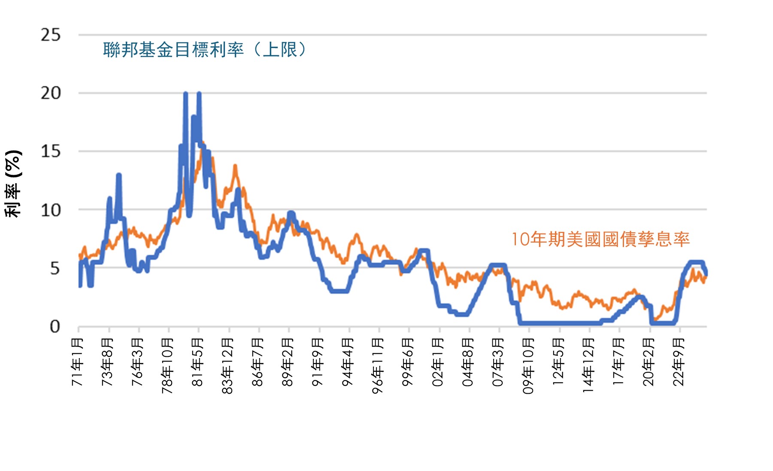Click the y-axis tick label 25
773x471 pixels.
tap(51, 35)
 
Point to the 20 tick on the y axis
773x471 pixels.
tap(51, 93)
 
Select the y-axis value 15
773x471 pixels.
tap(51, 151)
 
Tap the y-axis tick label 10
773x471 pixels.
tap(51, 210)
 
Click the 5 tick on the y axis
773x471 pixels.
tap(55, 268)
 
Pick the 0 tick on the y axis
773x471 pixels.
tap(55, 327)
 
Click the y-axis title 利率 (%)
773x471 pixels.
tap(13, 184)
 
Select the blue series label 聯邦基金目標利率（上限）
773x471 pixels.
tap(205, 50)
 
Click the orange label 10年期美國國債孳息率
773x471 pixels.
tap(600, 239)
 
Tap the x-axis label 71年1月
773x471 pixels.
tap(77, 362)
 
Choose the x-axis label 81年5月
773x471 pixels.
tap(197, 362)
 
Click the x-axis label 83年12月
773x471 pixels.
tap(227, 366)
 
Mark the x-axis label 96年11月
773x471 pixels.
tap(377, 366)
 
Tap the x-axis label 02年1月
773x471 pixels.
tap(437, 362)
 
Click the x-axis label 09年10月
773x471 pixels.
tap(527, 366)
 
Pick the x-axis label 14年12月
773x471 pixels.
tap(588, 366)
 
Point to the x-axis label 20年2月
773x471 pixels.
tap(648, 362)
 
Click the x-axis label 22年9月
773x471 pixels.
tap(678, 362)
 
